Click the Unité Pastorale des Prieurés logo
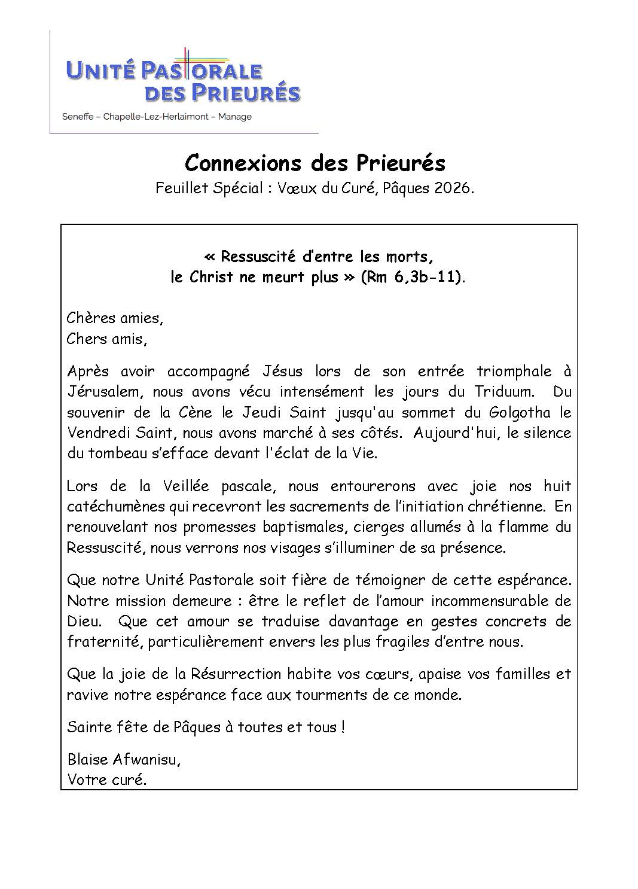183,80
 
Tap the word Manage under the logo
234,117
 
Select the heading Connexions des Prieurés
315,163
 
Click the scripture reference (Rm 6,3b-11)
411,278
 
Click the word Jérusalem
104,392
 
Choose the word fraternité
103,642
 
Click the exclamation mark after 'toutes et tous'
342,727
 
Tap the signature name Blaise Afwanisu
124,760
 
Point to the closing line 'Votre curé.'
107,780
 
